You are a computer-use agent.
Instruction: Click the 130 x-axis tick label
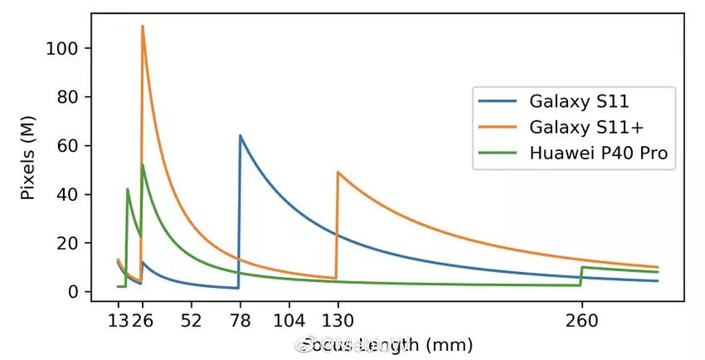tap(337, 321)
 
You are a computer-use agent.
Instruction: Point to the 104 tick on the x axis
tap(289, 321)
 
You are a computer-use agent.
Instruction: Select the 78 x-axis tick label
tap(240, 321)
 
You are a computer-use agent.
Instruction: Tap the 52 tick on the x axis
tap(191, 321)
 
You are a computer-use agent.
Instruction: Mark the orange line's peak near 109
tap(143, 27)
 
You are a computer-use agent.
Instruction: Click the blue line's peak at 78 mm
tap(240, 136)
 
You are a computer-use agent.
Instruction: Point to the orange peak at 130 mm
tap(338, 173)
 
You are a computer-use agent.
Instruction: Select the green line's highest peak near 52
tap(143, 165)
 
